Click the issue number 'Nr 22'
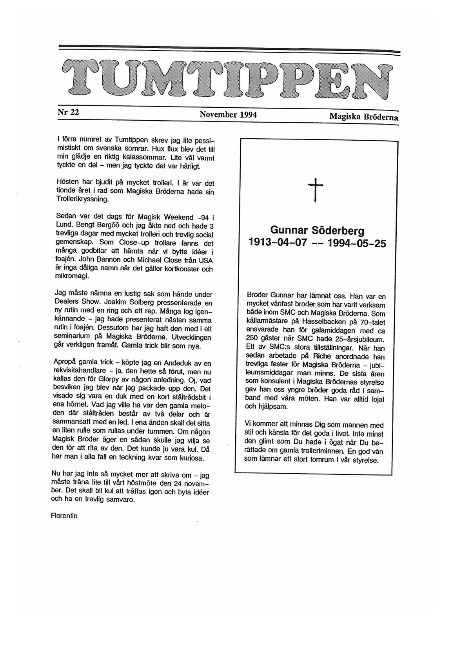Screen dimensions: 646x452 (68, 112)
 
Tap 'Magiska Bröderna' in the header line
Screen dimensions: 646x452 (363, 117)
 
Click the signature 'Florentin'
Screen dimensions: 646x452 (64, 516)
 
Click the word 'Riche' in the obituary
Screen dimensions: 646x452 (322, 356)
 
